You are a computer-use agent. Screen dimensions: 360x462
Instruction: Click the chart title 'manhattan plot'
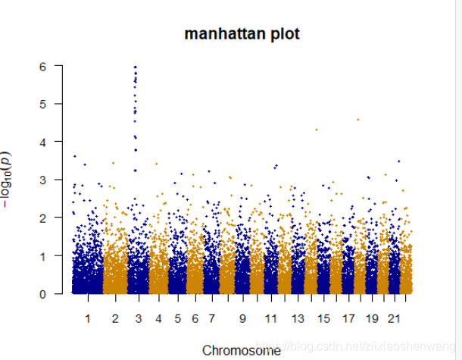242,34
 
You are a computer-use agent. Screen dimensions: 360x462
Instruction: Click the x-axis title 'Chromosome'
242,350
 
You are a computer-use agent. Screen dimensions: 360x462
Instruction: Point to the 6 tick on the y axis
44,66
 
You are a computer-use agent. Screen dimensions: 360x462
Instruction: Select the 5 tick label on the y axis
44,104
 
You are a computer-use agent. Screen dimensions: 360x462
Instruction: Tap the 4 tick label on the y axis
44,142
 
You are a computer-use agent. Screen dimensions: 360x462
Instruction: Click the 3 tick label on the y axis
44,180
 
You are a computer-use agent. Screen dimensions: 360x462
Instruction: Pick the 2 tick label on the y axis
44,218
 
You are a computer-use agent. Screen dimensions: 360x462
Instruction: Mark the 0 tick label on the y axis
44,293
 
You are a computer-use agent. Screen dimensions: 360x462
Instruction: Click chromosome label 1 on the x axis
88,318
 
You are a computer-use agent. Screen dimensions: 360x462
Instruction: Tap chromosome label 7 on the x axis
211,318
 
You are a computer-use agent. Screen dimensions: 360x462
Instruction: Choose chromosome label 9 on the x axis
243,318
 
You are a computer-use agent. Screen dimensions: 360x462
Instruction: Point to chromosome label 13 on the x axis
298,318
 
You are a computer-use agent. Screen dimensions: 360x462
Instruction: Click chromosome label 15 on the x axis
323,318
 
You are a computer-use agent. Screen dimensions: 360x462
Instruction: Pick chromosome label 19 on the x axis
372,318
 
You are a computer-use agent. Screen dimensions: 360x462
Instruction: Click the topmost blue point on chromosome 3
136,67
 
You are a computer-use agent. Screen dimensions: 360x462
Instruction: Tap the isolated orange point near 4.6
358,119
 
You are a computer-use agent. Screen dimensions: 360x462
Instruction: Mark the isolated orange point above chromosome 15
317,130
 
